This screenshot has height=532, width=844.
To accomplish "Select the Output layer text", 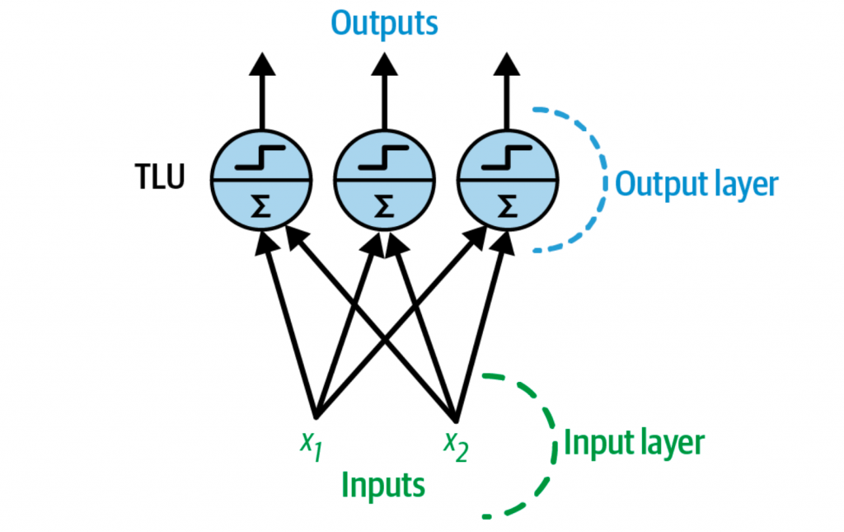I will [x=696, y=183].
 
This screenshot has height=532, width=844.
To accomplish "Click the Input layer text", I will [x=634, y=443].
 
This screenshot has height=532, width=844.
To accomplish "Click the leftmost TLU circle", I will [x=260, y=180].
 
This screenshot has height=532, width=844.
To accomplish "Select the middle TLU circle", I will [x=383, y=180].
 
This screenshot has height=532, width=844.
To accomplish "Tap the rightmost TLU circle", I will [x=508, y=180].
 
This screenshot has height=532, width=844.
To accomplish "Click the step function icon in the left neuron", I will [x=260, y=156].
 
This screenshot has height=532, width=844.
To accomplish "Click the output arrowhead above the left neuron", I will [x=260, y=64].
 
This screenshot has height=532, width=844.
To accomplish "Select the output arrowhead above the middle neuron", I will [x=383, y=64].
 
